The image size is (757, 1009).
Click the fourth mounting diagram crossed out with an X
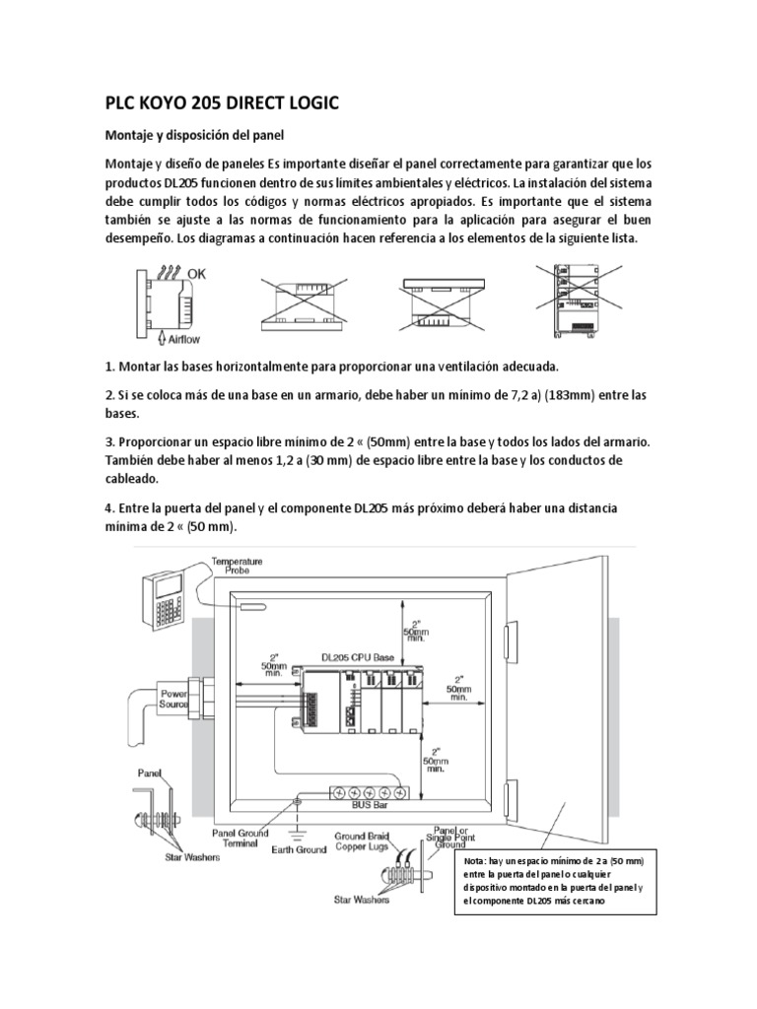(x=574, y=303)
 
